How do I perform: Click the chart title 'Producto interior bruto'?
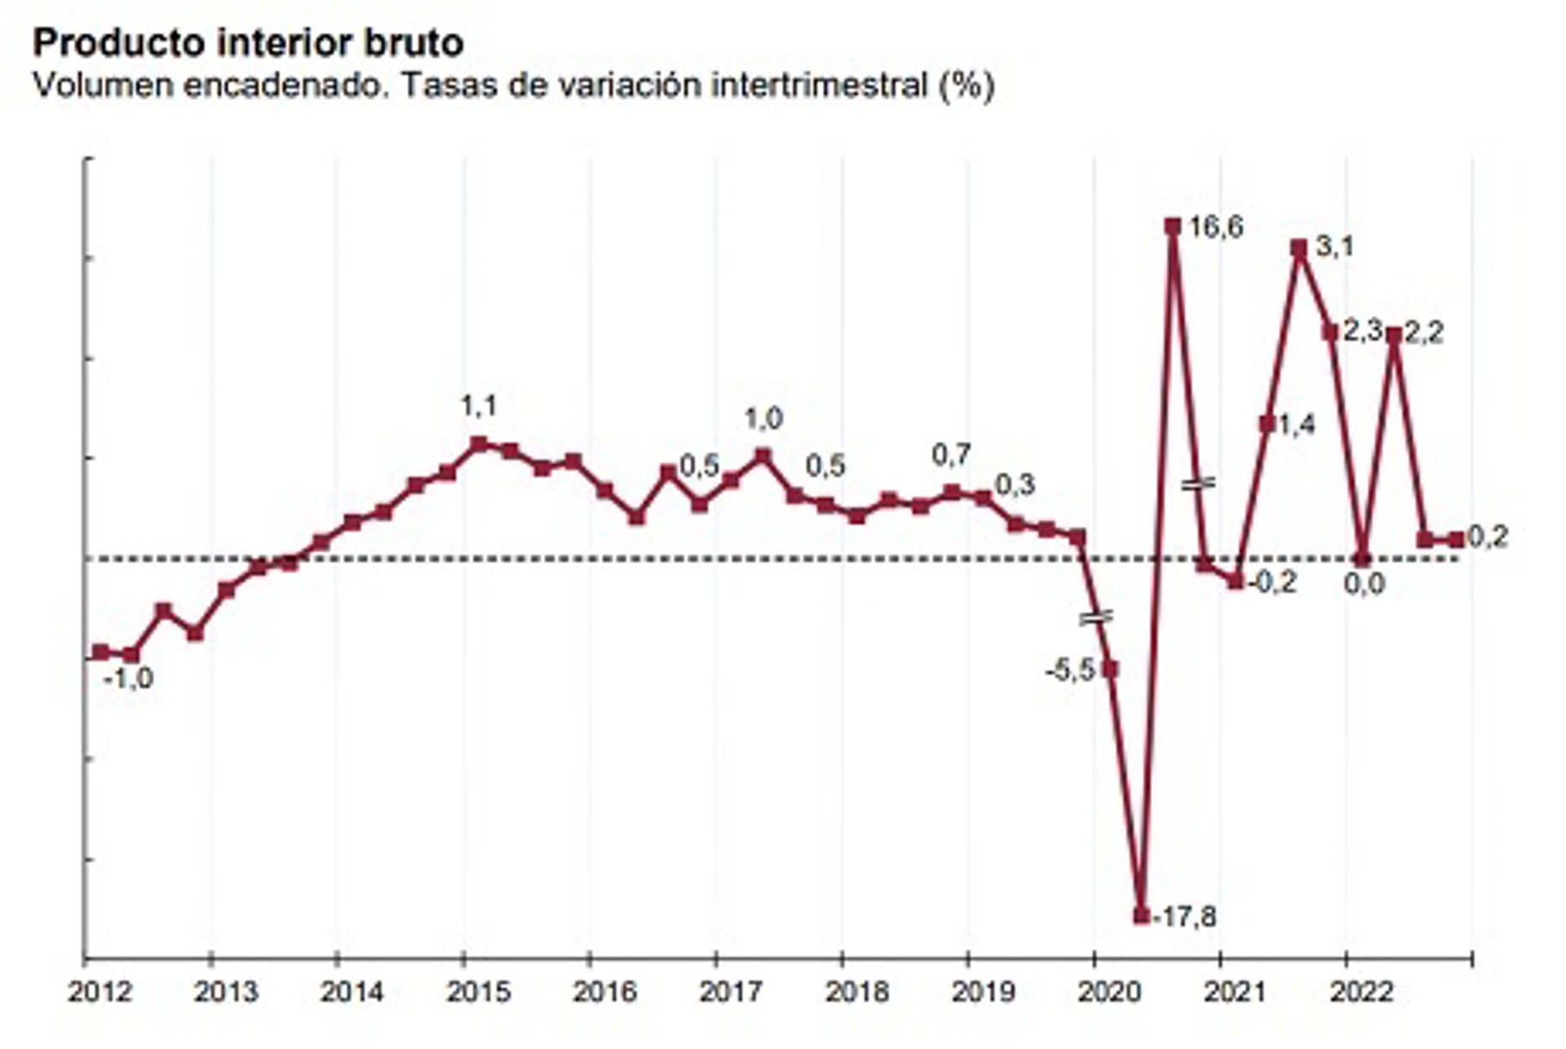(248, 42)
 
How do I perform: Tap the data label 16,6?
(1215, 228)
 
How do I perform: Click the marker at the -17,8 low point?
(1141, 916)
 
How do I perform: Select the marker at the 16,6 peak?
(1173, 226)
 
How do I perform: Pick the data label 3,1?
(1334, 246)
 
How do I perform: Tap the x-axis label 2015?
(478, 993)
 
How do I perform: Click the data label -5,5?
(1070, 671)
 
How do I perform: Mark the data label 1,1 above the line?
(478, 405)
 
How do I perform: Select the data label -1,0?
(129, 679)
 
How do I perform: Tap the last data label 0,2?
(1488, 537)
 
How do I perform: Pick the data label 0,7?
(951, 455)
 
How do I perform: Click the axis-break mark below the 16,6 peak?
(1198, 484)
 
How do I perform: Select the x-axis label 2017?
(731, 993)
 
